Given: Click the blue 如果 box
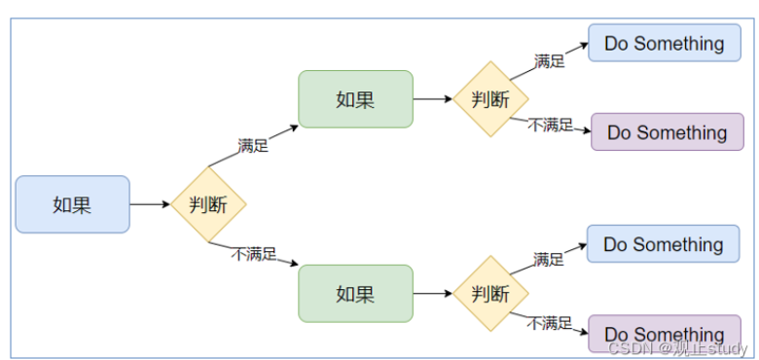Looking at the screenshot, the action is coord(73,204).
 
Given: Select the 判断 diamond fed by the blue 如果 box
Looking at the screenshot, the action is coord(208,204).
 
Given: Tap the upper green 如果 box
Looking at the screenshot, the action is coord(355,99).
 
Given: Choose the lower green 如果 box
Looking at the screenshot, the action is coord(355,293).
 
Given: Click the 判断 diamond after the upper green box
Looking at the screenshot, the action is coord(490,99).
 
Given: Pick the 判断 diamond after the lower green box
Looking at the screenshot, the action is coord(490,293).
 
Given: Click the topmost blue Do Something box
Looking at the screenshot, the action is coord(664,43).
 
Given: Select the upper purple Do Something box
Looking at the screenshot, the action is coord(667,132).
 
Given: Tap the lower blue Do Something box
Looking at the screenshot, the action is coord(664,244).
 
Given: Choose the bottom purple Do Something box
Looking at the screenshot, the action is coord(664,334).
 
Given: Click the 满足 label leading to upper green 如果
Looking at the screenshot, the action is coord(253,145).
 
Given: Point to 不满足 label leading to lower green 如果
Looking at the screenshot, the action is coord(254,254).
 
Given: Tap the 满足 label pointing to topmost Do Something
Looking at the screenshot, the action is coord(550,61).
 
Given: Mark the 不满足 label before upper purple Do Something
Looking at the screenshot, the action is coord(551,126).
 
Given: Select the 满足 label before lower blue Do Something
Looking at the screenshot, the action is coord(549,260).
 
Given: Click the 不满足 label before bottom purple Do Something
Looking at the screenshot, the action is coord(550,323).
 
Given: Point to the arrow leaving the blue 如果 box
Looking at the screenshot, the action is coord(150,204).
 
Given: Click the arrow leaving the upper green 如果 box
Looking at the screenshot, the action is coord(433,99).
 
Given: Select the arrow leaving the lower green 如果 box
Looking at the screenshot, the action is coord(433,293).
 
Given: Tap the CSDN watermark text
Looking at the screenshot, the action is coord(677,348).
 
